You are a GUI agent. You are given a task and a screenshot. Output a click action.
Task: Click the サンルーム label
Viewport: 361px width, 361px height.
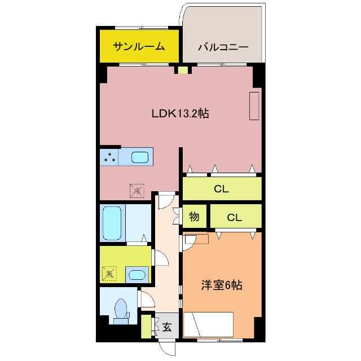point(139,46)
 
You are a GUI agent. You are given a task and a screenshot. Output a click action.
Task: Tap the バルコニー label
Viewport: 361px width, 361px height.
point(223,47)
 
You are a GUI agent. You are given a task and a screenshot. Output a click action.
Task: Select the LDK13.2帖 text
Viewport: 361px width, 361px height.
point(180,113)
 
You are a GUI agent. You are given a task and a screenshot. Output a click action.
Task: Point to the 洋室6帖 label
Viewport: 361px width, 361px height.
point(222,285)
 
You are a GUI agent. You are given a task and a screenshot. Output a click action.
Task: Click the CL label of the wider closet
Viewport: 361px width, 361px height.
point(221,190)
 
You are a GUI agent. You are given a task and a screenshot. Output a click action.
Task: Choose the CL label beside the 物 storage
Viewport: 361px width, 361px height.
point(235,217)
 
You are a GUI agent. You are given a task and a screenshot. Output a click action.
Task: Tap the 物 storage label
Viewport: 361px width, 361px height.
point(194,217)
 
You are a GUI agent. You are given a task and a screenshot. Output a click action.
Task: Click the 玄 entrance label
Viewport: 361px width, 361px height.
point(167,327)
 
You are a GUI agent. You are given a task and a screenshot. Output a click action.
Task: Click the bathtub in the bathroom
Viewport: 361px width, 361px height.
point(112,223)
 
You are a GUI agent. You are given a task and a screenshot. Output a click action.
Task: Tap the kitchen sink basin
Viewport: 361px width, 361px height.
point(141,157)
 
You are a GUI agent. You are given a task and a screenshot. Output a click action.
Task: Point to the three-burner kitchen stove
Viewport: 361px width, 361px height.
point(109,157)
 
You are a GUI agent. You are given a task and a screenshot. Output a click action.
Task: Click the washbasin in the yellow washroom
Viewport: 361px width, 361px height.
point(135,275)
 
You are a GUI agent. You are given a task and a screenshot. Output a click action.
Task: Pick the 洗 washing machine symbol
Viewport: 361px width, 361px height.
point(109,274)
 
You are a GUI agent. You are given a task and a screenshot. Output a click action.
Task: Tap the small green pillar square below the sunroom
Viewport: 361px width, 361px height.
point(182,71)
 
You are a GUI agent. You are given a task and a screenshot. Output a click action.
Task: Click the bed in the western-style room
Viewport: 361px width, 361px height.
point(209,324)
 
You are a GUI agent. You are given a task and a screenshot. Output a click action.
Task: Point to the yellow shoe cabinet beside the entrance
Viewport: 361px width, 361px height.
point(146,326)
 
